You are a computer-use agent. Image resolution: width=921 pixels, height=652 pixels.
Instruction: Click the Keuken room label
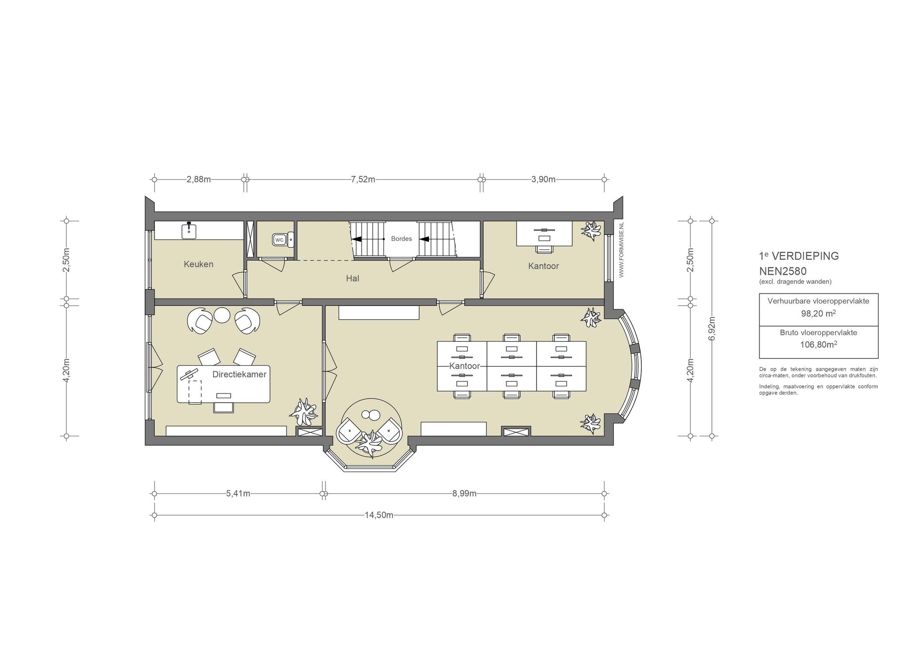pyautogui.click(x=198, y=264)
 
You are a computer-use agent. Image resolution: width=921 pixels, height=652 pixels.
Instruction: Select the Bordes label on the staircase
pyautogui.click(x=401, y=239)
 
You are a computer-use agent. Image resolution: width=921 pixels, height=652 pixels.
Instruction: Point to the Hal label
pyautogui.click(x=353, y=279)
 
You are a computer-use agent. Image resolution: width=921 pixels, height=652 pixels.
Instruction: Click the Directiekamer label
pyautogui.click(x=239, y=375)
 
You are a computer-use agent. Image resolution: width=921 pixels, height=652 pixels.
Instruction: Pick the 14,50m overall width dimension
pyautogui.click(x=379, y=515)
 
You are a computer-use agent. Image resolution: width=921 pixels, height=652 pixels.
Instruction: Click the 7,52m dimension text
pyautogui.click(x=363, y=179)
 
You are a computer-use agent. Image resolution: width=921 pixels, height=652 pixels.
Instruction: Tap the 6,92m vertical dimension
pyautogui.click(x=711, y=329)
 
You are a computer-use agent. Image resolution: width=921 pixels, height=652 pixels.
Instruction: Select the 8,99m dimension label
pyautogui.click(x=465, y=494)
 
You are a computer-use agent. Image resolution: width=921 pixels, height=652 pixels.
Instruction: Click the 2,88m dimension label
pyautogui.click(x=199, y=179)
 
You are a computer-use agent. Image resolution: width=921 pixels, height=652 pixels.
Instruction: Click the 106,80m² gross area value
pyautogui.click(x=818, y=344)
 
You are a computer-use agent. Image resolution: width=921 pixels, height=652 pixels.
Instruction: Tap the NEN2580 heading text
pyautogui.click(x=783, y=271)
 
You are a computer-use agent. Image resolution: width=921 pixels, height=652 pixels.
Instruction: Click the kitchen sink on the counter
pyautogui.click(x=189, y=231)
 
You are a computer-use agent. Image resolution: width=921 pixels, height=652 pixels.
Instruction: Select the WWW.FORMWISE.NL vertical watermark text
pyautogui.click(x=621, y=249)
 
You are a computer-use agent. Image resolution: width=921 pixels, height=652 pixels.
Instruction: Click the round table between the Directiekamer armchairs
pyautogui.click(x=222, y=315)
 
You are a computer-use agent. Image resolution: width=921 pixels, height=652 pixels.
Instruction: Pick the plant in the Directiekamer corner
pyautogui.click(x=305, y=412)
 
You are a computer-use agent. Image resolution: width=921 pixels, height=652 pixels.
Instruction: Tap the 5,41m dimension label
pyautogui.click(x=238, y=494)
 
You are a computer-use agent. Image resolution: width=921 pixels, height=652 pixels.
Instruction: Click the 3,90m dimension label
pyautogui.click(x=543, y=179)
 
